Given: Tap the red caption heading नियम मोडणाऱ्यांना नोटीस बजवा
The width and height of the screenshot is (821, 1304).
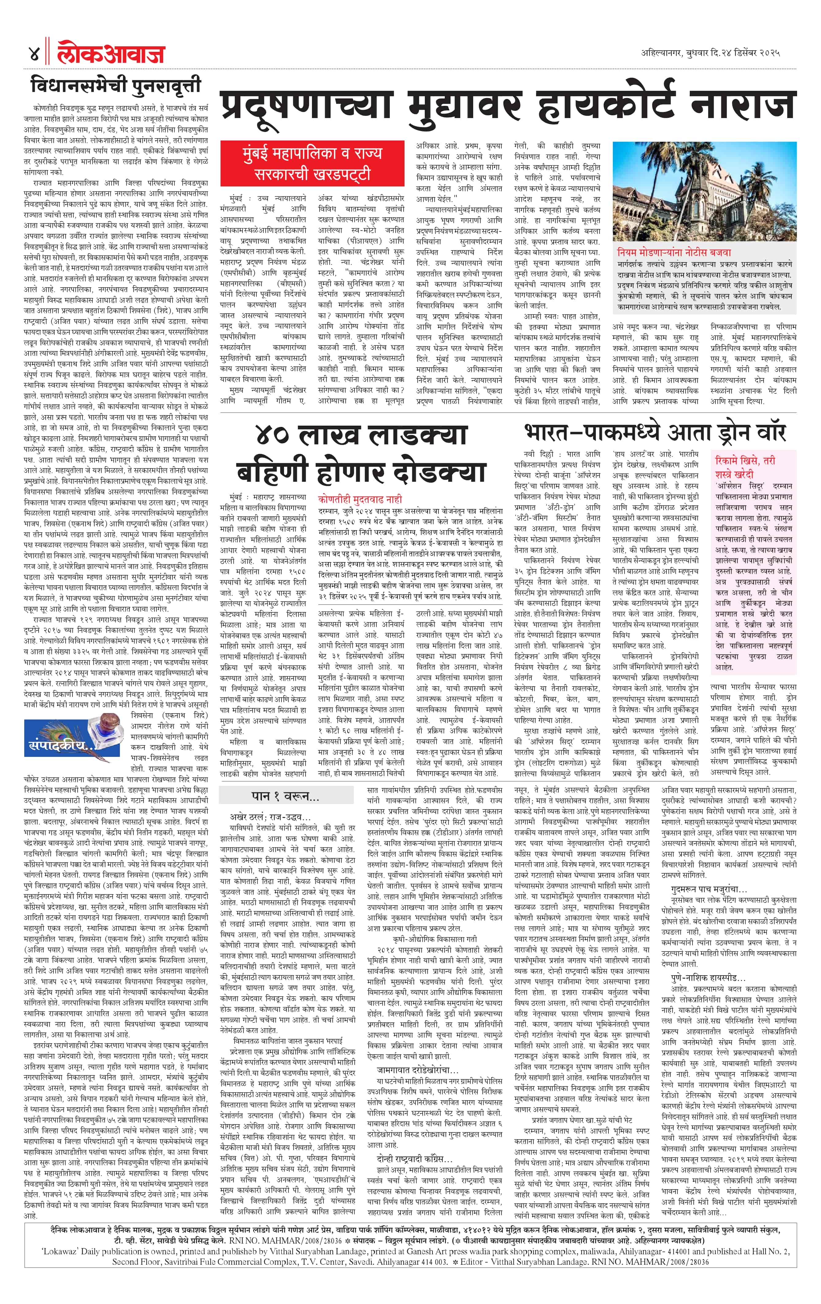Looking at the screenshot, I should pos(674,252).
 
